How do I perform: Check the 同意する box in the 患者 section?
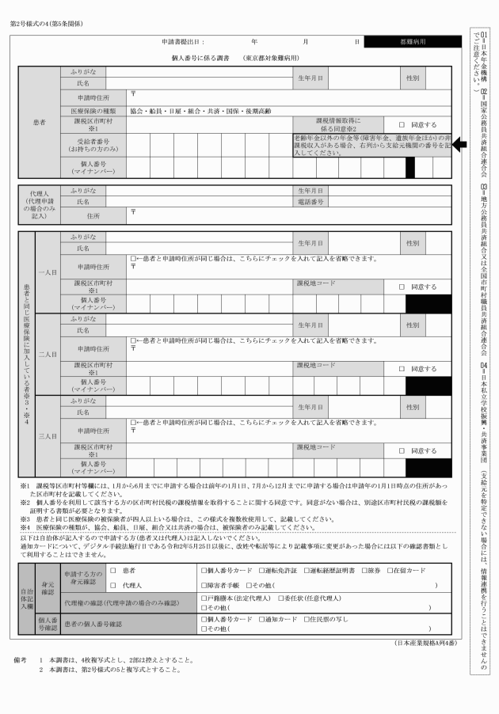point(402,125)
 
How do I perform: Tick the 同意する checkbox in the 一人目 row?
point(402,287)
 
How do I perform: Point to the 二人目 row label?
point(47,354)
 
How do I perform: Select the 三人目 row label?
point(47,436)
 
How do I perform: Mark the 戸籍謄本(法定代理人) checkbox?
point(204,598)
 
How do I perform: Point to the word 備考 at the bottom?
point(21,659)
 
